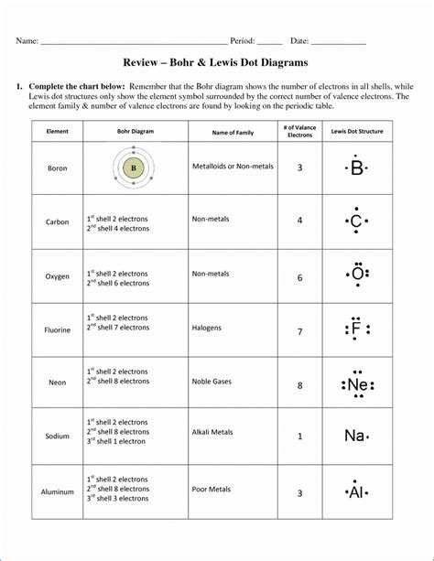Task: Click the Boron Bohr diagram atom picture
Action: point(133,168)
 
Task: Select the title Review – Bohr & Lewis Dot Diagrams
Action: point(216,63)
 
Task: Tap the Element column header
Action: point(57,132)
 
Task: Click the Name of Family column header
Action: point(233,133)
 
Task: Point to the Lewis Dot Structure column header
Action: point(356,132)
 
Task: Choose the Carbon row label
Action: point(57,222)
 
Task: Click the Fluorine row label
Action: point(57,330)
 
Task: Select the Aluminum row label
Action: point(57,491)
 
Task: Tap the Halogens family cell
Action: point(207,327)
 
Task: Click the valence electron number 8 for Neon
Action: point(299,385)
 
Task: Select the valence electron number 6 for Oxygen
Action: point(299,277)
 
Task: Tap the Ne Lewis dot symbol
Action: point(356,385)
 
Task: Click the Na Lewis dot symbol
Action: point(355,437)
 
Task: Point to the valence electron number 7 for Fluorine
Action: point(299,330)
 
